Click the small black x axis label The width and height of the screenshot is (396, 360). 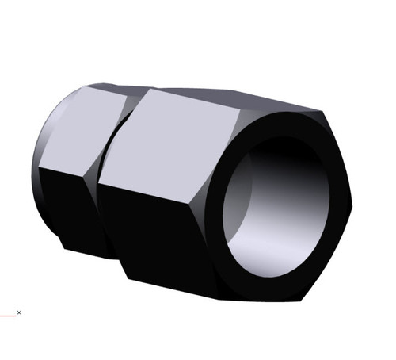point(19,312)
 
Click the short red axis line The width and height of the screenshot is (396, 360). point(7,315)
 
